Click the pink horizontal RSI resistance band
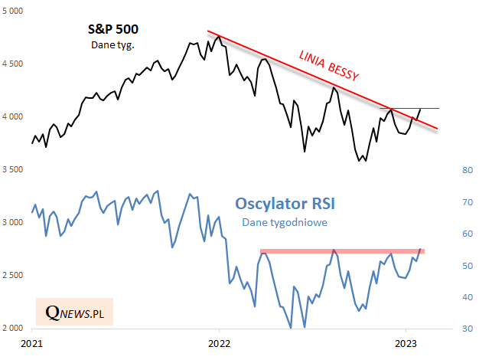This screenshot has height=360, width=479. click(342, 251)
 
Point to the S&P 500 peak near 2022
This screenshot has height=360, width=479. click(219, 36)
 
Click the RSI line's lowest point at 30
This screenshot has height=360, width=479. click(291, 328)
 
